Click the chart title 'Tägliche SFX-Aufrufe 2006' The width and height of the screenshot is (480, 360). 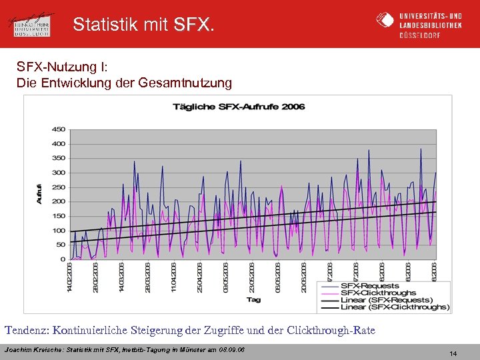[x=239, y=107]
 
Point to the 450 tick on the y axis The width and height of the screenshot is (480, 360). [x=58, y=129]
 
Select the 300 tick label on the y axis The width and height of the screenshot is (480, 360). [x=58, y=173]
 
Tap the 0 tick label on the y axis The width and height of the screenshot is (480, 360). [x=62, y=259]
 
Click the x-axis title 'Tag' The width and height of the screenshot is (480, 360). [x=253, y=299]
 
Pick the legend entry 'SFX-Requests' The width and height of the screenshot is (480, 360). [x=370, y=286]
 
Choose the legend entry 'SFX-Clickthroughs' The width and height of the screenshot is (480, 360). [x=378, y=293]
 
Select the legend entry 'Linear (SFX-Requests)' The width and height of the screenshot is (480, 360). [x=383, y=300]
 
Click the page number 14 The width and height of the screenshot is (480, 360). [x=453, y=353]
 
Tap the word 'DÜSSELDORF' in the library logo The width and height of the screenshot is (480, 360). [x=419, y=35]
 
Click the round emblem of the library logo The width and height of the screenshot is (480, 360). [x=385, y=21]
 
